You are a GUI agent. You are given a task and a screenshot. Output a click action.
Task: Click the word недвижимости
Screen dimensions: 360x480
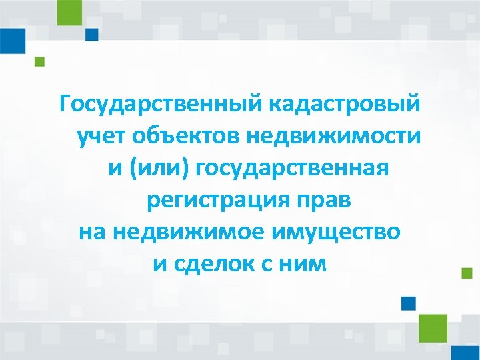click(x=334, y=137)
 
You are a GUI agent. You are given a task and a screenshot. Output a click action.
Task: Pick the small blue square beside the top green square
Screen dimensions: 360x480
click(x=91, y=34)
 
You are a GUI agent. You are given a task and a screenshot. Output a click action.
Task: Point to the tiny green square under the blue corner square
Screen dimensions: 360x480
click(x=39, y=62)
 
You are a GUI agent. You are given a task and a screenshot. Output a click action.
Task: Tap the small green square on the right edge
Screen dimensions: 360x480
click(x=467, y=272)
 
